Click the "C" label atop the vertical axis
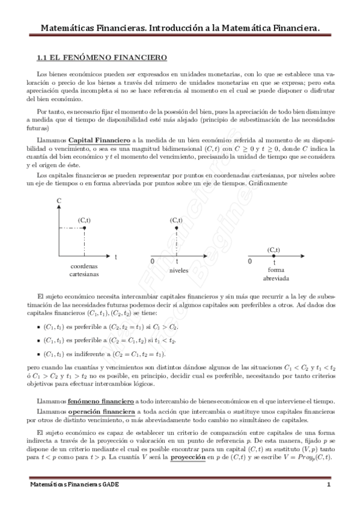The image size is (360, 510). click(x=58, y=200)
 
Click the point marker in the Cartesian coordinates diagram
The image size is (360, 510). click(x=85, y=229)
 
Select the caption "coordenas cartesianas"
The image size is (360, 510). click(x=84, y=270)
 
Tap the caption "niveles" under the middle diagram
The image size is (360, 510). click(x=179, y=271)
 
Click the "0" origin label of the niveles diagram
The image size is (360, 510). click(x=152, y=262)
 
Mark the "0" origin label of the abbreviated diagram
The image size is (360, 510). click(x=250, y=262)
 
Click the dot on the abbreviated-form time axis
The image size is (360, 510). click(x=274, y=256)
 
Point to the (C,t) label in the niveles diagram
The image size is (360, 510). click(x=176, y=220)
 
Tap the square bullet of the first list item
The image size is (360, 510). click(x=38, y=327)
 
